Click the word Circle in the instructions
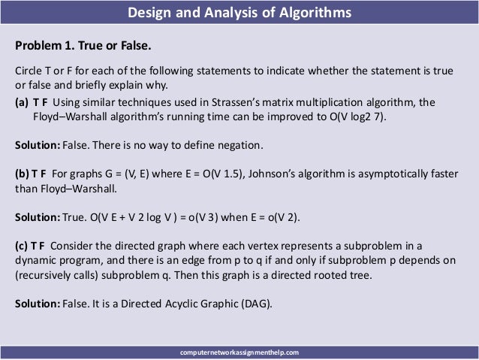pyautogui.click(x=29, y=71)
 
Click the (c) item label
pyautogui.click(x=22, y=247)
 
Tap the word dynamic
pyautogui.click(x=35, y=261)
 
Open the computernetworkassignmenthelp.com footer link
pyautogui.click(x=239, y=351)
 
